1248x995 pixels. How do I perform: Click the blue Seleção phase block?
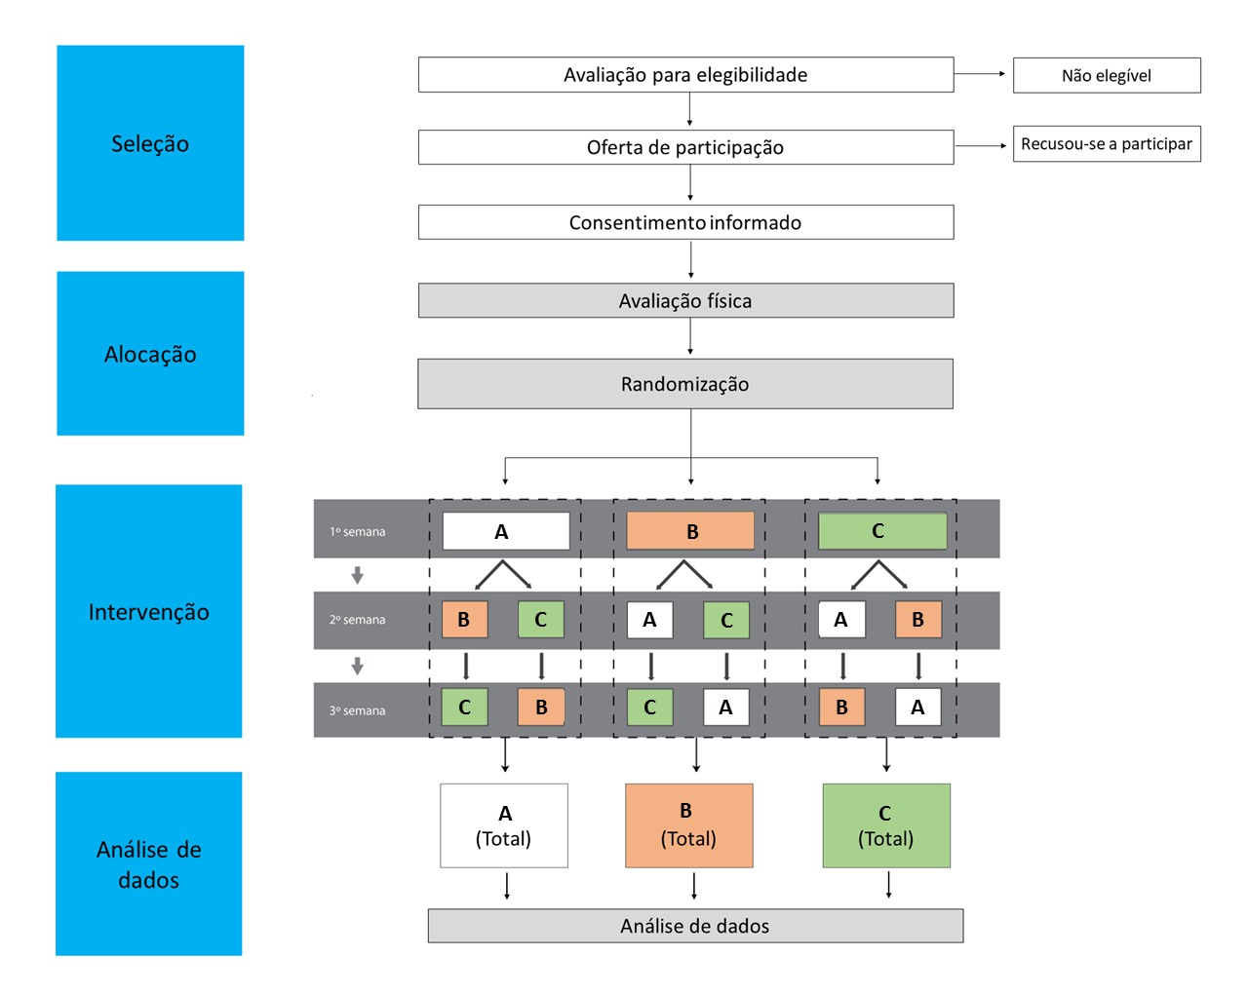tap(150, 143)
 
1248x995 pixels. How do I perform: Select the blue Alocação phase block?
tap(150, 354)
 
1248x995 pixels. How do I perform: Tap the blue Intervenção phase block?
tap(148, 611)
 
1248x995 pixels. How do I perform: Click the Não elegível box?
tap(1107, 75)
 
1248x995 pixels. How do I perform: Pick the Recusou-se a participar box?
tap(1107, 144)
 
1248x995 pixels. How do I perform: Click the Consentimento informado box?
tap(685, 222)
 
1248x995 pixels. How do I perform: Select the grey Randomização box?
tap(685, 384)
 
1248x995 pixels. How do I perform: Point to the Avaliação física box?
tap(685, 301)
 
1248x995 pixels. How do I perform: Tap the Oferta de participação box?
tap(685, 147)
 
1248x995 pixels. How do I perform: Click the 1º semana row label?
tap(357, 532)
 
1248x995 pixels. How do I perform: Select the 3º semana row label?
tap(357, 710)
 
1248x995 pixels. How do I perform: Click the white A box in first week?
tap(506, 531)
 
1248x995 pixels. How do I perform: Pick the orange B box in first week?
tap(690, 531)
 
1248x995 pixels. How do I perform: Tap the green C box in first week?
tap(881, 531)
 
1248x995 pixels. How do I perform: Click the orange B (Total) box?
tap(688, 825)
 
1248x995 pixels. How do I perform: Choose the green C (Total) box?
tap(886, 825)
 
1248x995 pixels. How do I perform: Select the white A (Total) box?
tap(504, 825)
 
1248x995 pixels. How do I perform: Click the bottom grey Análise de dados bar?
tap(695, 926)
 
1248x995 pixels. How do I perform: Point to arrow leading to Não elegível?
tap(979, 74)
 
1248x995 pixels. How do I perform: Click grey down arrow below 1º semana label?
tap(358, 576)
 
